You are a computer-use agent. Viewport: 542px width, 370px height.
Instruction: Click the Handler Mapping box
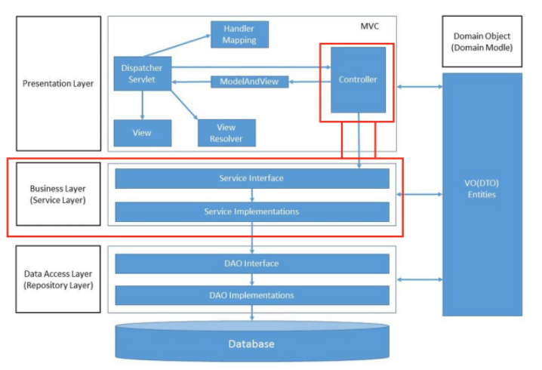(x=239, y=34)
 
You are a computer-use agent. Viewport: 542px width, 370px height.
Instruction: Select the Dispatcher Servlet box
(x=143, y=74)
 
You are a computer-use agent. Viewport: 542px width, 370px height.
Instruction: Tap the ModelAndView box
(x=250, y=82)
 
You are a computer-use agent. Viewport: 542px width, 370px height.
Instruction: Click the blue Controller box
(x=358, y=80)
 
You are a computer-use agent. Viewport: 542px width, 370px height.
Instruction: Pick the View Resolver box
(x=226, y=133)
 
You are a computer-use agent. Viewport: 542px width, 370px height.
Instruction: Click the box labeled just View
(x=143, y=133)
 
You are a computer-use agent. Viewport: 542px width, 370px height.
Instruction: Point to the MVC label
(x=370, y=26)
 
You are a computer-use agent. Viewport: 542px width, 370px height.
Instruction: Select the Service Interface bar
(x=252, y=178)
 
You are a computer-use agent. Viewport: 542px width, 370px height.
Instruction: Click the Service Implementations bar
(x=252, y=211)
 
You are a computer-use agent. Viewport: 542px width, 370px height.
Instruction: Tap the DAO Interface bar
(x=252, y=264)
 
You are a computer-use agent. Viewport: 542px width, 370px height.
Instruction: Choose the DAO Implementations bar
(x=252, y=295)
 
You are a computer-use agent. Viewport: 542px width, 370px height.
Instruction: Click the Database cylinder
(x=252, y=341)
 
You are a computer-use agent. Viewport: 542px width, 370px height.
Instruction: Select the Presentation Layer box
(x=58, y=83)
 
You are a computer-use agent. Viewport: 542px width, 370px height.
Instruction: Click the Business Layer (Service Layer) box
(x=58, y=194)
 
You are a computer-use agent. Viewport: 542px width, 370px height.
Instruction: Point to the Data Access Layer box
(x=58, y=279)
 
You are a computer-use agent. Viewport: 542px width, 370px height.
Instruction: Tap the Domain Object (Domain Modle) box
(x=482, y=42)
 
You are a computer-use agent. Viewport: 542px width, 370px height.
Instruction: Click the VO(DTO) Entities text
(x=482, y=189)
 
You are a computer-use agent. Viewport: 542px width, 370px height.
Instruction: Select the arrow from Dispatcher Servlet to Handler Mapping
(x=177, y=45)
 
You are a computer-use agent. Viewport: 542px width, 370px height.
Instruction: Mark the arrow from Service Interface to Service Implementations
(x=252, y=196)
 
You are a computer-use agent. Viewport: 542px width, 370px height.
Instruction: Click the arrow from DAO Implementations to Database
(x=252, y=313)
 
